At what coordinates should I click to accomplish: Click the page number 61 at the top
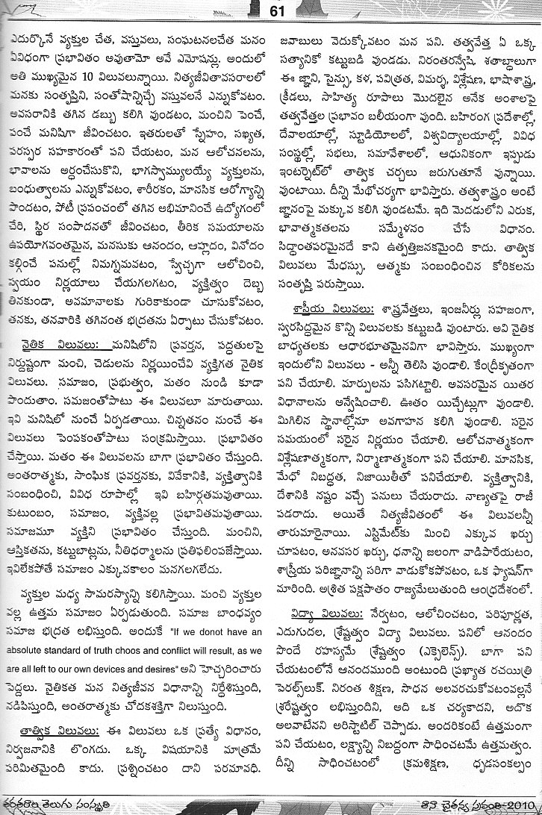tap(272, 10)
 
